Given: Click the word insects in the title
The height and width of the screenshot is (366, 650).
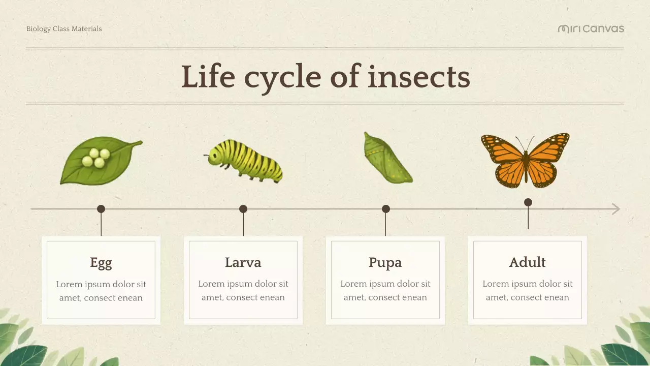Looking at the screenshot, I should click(x=418, y=77).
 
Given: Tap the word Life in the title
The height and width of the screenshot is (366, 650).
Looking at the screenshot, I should click(x=208, y=77).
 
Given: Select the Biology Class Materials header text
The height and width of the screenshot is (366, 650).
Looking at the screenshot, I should click(x=64, y=29).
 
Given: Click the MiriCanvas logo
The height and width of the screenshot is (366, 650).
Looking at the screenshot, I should click(x=591, y=29).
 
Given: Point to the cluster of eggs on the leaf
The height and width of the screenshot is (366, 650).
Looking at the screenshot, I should click(x=96, y=158).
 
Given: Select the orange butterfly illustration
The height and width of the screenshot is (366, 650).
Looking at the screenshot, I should click(x=526, y=160).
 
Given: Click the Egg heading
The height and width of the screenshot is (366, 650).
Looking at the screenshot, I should click(x=101, y=263).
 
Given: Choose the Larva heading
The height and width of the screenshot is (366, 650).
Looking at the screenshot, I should click(x=243, y=263).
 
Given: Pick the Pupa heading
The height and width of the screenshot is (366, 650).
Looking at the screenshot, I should click(x=385, y=263).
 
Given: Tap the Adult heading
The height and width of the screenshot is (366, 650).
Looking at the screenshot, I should click(x=527, y=263).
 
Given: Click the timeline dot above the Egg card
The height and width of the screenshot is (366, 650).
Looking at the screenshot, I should click(x=101, y=209).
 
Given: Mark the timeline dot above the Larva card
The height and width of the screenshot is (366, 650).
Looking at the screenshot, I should click(x=243, y=209).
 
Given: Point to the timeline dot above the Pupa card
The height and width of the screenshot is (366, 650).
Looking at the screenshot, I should click(x=386, y=209).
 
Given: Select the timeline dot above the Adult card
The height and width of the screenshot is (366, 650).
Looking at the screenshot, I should click(x=528, y=202).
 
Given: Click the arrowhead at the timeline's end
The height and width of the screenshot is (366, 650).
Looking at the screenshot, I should click(x=616, y=209).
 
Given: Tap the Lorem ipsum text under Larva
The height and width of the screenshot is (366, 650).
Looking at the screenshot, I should click(x=243, y=291).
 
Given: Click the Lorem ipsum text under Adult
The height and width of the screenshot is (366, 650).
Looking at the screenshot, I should click(x=527, y=291).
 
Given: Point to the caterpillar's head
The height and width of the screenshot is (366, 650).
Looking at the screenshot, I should click(x=213, y=158).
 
